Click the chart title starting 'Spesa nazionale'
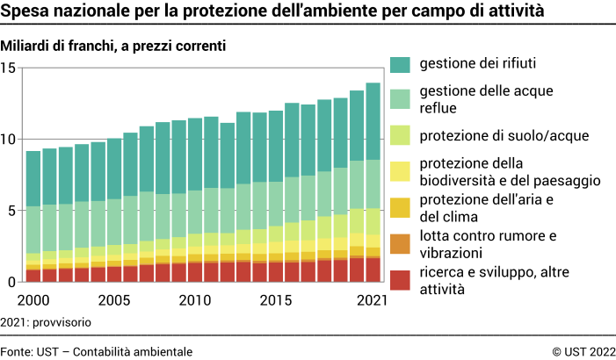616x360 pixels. coord(272,13)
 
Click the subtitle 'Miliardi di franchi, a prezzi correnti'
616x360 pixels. coord(114,46)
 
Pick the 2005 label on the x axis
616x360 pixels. coord(113,300)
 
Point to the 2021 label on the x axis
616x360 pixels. coord(371,300)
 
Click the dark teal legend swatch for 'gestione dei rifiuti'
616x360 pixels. coord(400,64)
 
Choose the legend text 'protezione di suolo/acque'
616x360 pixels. coord(491,135)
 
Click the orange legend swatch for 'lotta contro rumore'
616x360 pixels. coord(400,243)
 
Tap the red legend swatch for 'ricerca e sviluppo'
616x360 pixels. coord(400,279)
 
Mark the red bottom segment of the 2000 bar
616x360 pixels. coord(33,276)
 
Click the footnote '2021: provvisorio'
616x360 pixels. coord(46,322)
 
